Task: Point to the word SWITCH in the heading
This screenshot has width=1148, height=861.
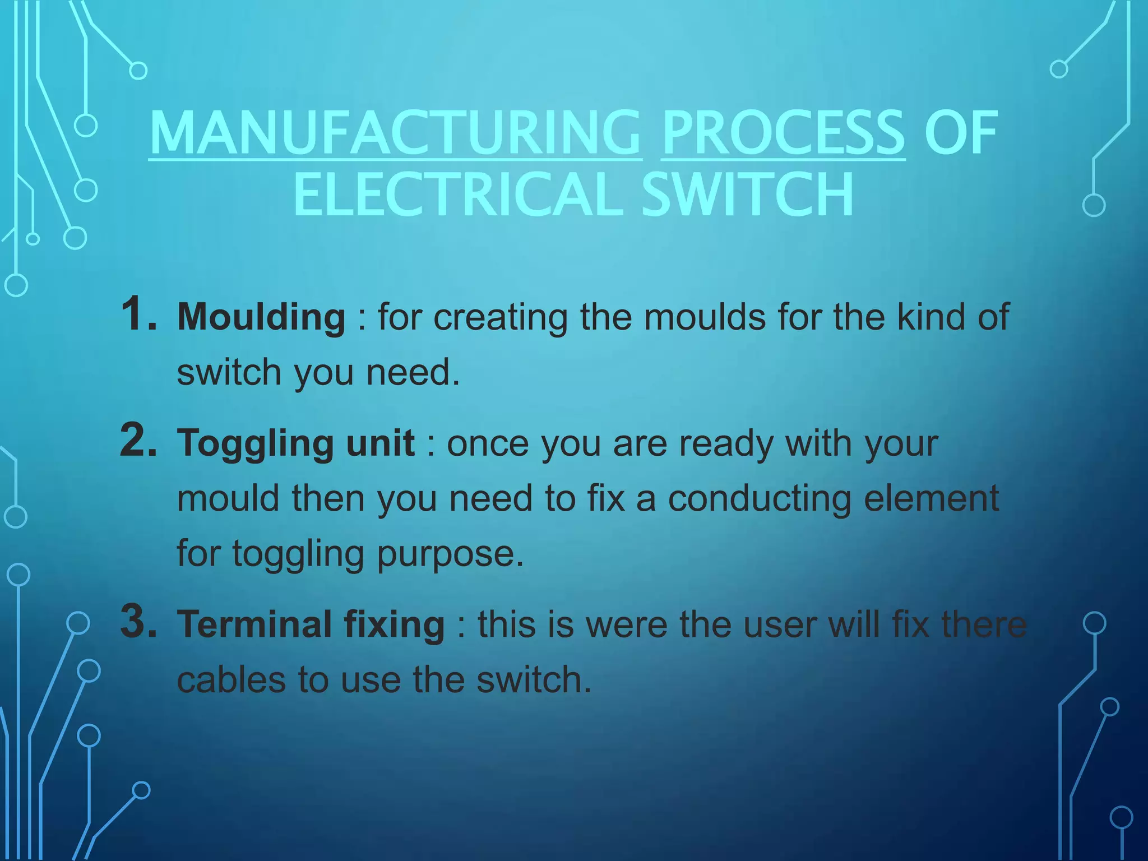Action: click(x=748, y=195)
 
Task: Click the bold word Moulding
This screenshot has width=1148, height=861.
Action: click(x=261, y=317)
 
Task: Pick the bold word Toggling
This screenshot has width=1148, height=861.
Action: click(x=255, y=444)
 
